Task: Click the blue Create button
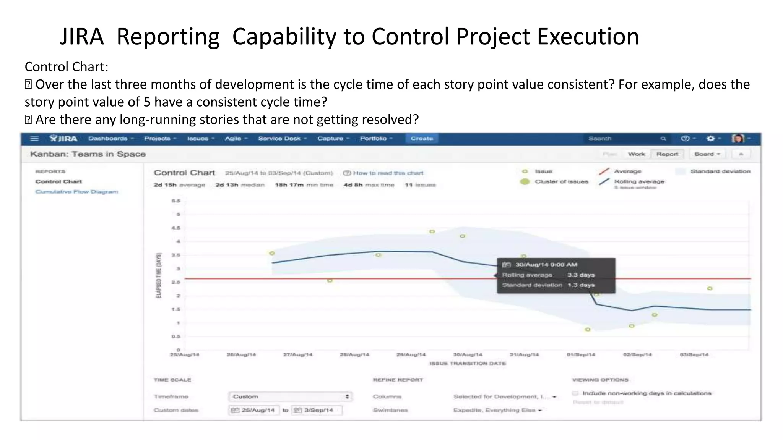point(422,139)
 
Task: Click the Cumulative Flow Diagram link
point(76,192)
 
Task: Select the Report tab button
point(667,154)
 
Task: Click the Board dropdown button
point(707,154)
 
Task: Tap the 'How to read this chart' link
point(387,173)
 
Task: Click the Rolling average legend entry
point(639,182)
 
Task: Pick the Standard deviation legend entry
point(720,171)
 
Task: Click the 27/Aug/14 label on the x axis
point(297,355)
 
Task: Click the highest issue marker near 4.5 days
point(432,231)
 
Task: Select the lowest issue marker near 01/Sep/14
point(588,329)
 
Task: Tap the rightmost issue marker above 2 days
point(710,288)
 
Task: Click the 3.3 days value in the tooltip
point(581,275)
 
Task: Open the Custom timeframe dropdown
point(290,396)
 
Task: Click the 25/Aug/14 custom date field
point(254,410)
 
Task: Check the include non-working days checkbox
point(575,393)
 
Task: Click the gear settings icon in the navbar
point(710,139)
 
